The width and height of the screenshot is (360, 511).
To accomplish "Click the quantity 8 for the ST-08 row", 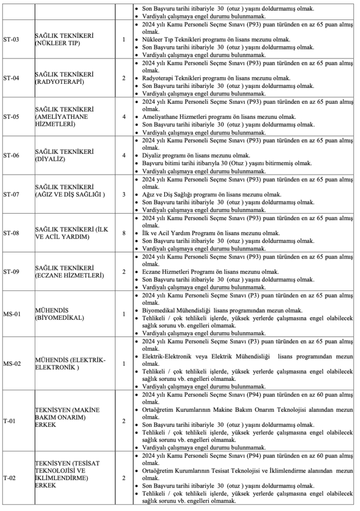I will point(123,233).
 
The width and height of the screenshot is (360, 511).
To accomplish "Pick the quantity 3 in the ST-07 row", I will point(123,194).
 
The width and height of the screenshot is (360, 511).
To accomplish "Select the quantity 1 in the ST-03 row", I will point(123,39).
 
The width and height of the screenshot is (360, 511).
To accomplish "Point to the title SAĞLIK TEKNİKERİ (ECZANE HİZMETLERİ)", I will point(69,271).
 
